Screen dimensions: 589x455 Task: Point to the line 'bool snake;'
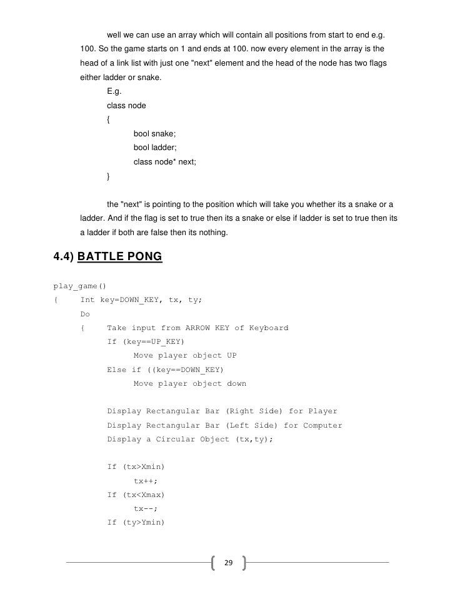tap(154, 134)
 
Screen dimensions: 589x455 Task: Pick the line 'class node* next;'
tap(164, 162)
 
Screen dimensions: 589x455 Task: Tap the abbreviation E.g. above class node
tap(116, 91)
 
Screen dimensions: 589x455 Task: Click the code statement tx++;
tap(146, 481)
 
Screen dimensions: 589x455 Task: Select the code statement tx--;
tap(146, 508)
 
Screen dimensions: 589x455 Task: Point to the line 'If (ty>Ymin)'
tap(136, 522)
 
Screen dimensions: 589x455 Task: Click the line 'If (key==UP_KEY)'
tap(145, 341)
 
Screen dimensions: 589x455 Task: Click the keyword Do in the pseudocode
tap(85, 314)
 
